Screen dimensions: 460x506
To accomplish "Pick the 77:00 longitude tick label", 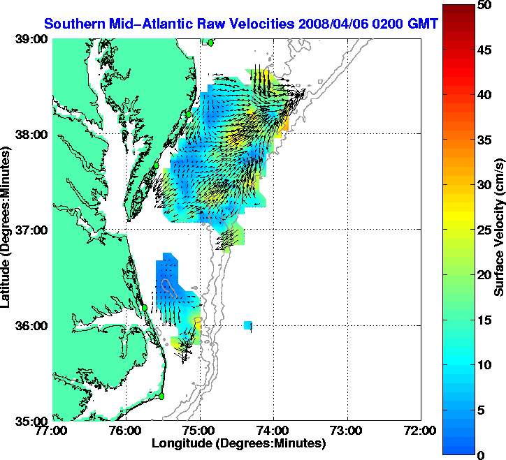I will (53, 431).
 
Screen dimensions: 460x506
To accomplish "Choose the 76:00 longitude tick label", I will (127, 431).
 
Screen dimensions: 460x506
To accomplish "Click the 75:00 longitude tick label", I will (201, 431).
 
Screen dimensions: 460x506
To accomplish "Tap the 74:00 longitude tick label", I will (274, 431).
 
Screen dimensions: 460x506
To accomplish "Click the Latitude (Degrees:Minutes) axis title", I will (6, 230).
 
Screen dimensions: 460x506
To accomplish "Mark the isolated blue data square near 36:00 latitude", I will (248, 325).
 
